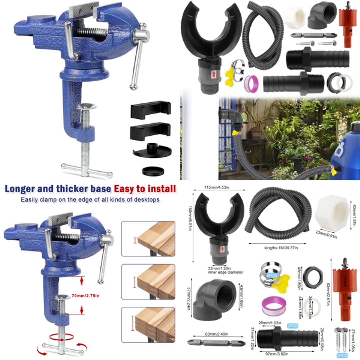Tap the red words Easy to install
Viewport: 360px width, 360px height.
(145, 189)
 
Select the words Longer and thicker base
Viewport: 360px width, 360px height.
(58, 189)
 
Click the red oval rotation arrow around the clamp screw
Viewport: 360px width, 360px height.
(61, 337)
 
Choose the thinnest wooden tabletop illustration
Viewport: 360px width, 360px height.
(148, 239)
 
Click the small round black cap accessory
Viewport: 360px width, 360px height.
(153, 171)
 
